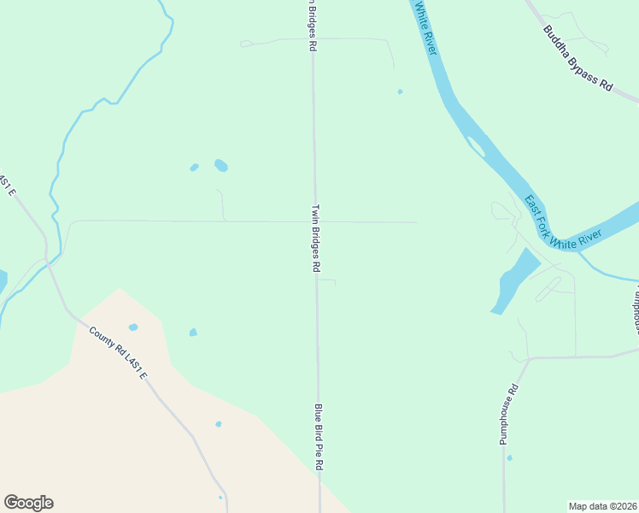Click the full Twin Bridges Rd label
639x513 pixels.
pyautogui.click(x=315, y=238)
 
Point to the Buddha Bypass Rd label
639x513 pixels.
pyautogui.click(x=578, y=58)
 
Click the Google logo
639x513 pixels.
pyautogui.click(x=28, y=503)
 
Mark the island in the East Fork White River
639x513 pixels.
pyautogui.click(x=476, y=146)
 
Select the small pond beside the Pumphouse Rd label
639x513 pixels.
pyautogui.click(x=509, y=458)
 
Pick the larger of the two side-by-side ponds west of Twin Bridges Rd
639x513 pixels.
pyautogui.click(x=221, y=165)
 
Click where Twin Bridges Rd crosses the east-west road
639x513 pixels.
pyautogui.click(x=315, y=221)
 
